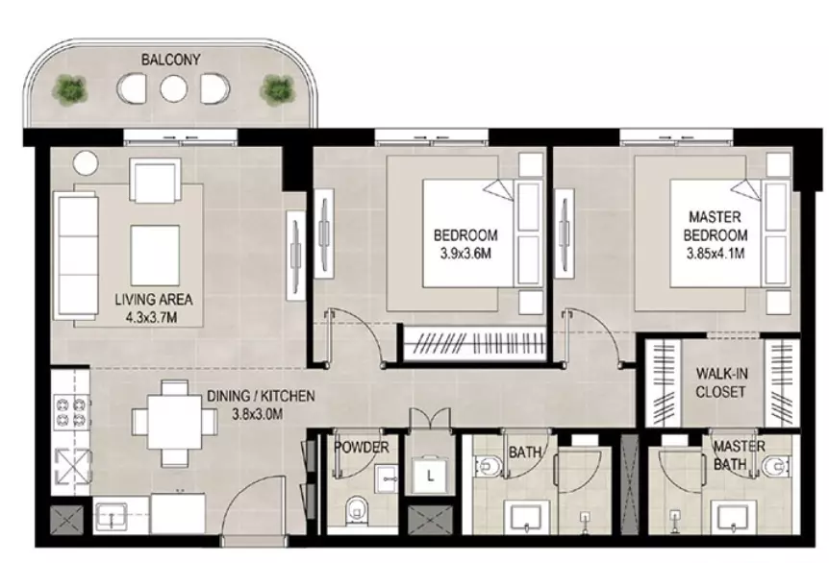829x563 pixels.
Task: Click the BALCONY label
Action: coord(171,60)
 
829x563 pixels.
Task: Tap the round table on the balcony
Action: coord(174,88)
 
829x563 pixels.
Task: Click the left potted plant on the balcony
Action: coord(70,89)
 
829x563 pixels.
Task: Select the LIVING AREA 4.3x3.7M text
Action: coord(153,307)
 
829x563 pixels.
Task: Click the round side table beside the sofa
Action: coord(86,162)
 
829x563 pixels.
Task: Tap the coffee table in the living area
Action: coord(155,256)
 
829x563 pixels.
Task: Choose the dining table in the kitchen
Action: coord(174,423)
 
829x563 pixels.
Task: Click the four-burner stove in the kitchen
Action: coord(71,412)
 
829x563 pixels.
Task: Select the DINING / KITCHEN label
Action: coord(261,396)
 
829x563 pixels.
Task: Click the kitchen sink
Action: coord(112,516)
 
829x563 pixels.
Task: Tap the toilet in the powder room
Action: coord(357,511)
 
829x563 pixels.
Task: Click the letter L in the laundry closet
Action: coord(430,477)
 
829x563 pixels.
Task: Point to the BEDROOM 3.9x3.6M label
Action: coord(465,244)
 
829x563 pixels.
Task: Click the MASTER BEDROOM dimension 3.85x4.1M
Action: coord(716,254)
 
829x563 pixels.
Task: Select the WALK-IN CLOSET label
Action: coord(721,383)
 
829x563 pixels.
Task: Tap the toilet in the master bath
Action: coord(776,466)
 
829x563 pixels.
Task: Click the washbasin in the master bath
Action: coord(732,517)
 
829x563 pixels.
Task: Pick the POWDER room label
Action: coord(361,448)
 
